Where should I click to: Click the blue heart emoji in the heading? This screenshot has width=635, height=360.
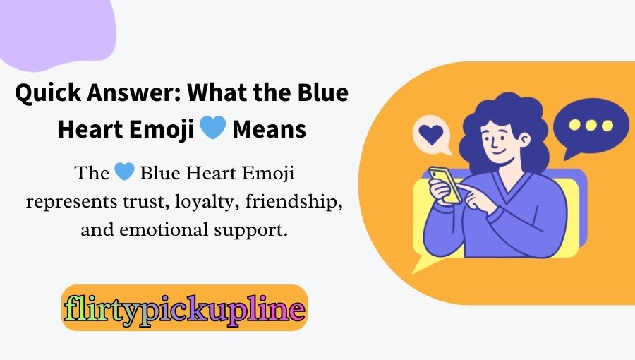pos(212,129)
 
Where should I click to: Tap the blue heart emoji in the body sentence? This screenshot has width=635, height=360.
pos(123,172)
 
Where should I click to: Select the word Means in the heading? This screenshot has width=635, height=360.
pos(270,130)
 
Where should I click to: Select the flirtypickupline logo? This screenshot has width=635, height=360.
pos(185,308)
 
